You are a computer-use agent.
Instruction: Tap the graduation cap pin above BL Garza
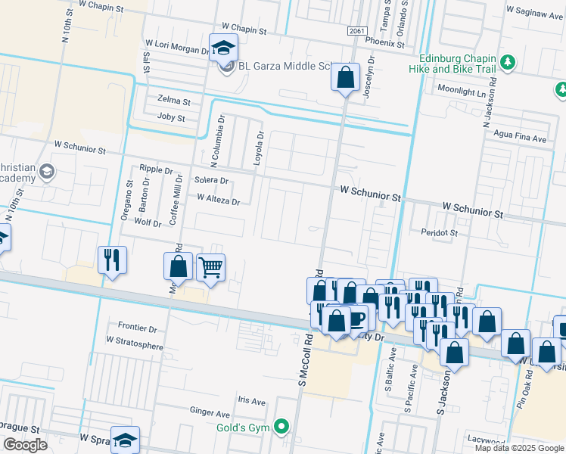[x=223, y=48]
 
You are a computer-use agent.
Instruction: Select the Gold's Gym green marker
[x=282, y=427]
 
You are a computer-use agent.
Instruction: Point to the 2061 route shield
[x=358, y=31]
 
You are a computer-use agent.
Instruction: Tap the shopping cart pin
[x=210, y=267]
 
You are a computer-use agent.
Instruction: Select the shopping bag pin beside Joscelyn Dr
[x=345, y=78]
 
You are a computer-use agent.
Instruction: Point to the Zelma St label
[x=173, y=99]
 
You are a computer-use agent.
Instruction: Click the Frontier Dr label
[x=132, y=329]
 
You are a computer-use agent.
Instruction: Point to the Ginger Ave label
[x=210, y=414]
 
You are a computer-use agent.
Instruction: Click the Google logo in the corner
[x=25, y=444]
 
